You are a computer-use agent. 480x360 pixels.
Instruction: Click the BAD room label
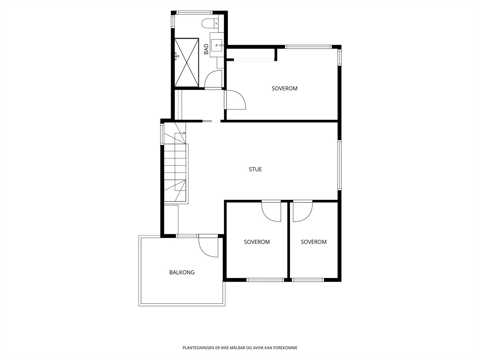coord(206,49)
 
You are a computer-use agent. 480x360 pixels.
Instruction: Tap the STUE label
coord(255,169)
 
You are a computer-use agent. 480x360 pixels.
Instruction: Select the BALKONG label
coord(182,272)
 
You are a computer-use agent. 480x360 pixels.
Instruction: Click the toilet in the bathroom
coord(210,23)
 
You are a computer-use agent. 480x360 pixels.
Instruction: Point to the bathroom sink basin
coord(217,46)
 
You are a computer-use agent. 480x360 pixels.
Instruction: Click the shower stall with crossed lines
coord(187,62)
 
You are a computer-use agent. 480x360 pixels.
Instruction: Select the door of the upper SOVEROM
coord(235,100)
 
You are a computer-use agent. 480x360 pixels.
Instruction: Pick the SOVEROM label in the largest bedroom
coord(284,88)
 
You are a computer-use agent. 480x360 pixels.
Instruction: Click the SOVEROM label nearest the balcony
coord(257,242)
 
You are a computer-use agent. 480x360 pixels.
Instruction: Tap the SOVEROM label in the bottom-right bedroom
coord(313,242)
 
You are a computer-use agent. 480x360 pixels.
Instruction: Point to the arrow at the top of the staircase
coord(184,133)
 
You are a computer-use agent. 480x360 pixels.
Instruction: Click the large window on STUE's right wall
coord(339,165)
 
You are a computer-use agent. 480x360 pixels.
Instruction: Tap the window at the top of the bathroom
coord(194,13)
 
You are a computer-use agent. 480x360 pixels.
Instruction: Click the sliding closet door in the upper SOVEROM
coord(254,59)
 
